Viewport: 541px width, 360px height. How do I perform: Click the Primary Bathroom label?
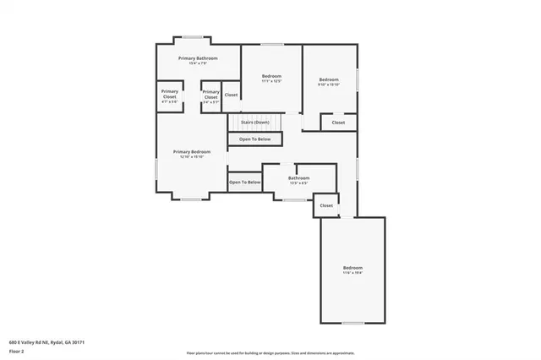click(198, 58)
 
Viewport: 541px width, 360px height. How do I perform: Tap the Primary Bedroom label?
click(191, 152)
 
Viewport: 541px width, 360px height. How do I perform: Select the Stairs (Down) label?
click(254, 122)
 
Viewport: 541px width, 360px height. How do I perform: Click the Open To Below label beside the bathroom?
click(244, 182)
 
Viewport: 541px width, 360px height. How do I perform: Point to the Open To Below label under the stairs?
click(254, 139)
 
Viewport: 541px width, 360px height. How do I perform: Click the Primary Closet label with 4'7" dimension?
click(170, 94)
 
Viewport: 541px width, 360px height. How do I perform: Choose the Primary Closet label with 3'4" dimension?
click(210, 94)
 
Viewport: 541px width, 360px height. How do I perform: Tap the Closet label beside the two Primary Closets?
click(231, 95)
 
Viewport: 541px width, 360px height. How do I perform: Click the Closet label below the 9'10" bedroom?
click(338, 123)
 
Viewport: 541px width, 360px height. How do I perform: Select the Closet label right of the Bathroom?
click(326, 205)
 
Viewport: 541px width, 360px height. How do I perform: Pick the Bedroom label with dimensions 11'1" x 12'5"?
click(271, 77)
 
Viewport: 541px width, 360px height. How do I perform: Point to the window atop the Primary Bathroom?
click(194, 36)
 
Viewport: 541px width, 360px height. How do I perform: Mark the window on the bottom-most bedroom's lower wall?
click(352, 323)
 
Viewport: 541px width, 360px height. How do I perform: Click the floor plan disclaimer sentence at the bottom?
click(270, 352)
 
